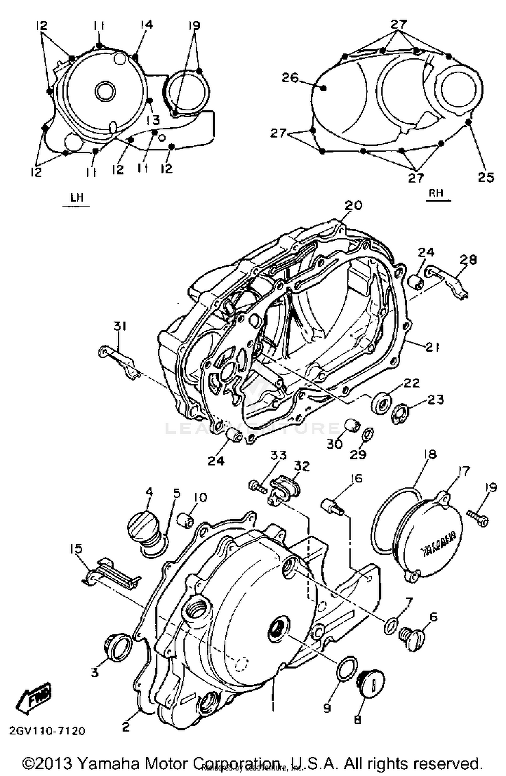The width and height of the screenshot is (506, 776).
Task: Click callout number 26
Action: [x=290, y=78]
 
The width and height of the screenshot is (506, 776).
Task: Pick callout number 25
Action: [x=486, y=177]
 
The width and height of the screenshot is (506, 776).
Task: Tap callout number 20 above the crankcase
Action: [x=353, y=205]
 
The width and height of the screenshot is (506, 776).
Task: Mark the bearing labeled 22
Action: [x=381, y=403]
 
